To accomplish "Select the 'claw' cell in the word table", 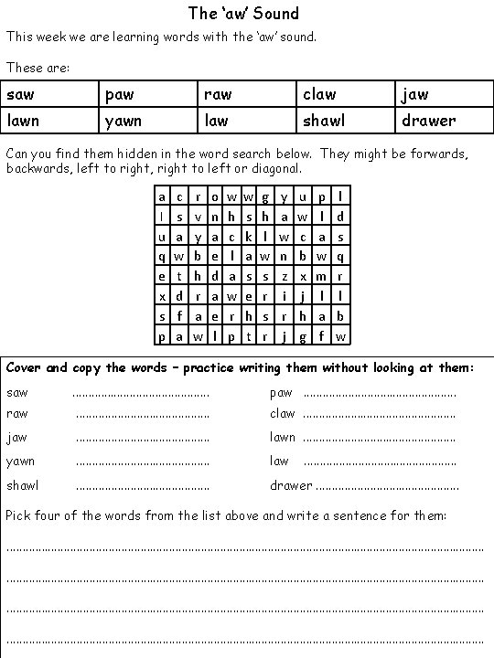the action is coord(348,94).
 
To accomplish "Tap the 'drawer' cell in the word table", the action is coord(446,120).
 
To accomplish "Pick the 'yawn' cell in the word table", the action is coord(149,120).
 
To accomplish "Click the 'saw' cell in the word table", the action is coord(50,94).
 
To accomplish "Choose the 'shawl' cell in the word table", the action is coord(348,120).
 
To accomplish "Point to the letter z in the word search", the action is coord(285,276).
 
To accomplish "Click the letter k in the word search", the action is coord(250,236).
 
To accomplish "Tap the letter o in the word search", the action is coord(215,196).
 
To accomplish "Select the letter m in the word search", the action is coord(321,276).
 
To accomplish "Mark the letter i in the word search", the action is coord(285,296).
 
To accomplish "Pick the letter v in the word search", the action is coord(198,217).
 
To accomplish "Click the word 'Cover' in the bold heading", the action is coord(24,368).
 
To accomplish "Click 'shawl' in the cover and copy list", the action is coord(23,485).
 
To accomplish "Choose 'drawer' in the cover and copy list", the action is coord(291,485).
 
